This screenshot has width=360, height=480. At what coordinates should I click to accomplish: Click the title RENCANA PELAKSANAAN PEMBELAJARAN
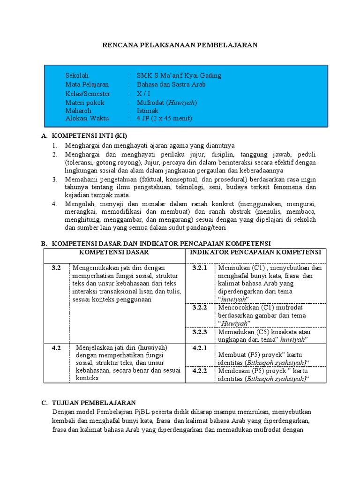[180, 45]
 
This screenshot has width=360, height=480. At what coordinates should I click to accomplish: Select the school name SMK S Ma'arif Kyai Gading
[179, 75]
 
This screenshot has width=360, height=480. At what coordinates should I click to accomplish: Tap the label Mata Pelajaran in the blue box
[87, 84]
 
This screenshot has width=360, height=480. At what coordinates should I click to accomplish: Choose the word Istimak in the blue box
[148, 110]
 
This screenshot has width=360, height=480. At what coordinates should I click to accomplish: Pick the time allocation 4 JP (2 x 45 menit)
[165, 118]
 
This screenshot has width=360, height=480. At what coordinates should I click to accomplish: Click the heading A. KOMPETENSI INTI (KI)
[84, 135]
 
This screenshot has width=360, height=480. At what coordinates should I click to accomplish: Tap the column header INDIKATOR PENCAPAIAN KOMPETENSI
[255, 252]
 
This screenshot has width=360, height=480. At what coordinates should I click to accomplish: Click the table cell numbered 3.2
[57, 268]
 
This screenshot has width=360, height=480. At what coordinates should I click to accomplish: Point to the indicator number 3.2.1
[200, 268]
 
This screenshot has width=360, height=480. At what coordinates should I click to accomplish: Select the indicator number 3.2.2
[200, 307]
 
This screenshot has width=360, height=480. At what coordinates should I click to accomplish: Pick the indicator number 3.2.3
[200, 331]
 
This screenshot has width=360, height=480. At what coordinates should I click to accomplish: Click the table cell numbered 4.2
[57, 348]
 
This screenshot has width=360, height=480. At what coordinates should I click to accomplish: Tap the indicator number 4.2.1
[200, 348]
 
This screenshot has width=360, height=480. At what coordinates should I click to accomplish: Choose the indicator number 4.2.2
[200, 370]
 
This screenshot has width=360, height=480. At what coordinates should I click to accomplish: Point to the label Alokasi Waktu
[87, 118]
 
